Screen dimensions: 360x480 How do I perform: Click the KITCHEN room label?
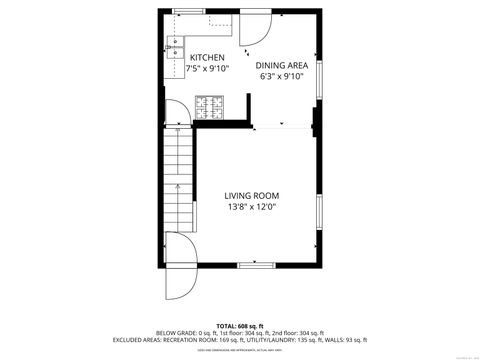tap(208, 58)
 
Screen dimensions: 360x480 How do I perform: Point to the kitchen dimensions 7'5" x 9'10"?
tap(208, 70)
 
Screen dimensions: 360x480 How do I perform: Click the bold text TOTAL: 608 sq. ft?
tap(239, 326)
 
